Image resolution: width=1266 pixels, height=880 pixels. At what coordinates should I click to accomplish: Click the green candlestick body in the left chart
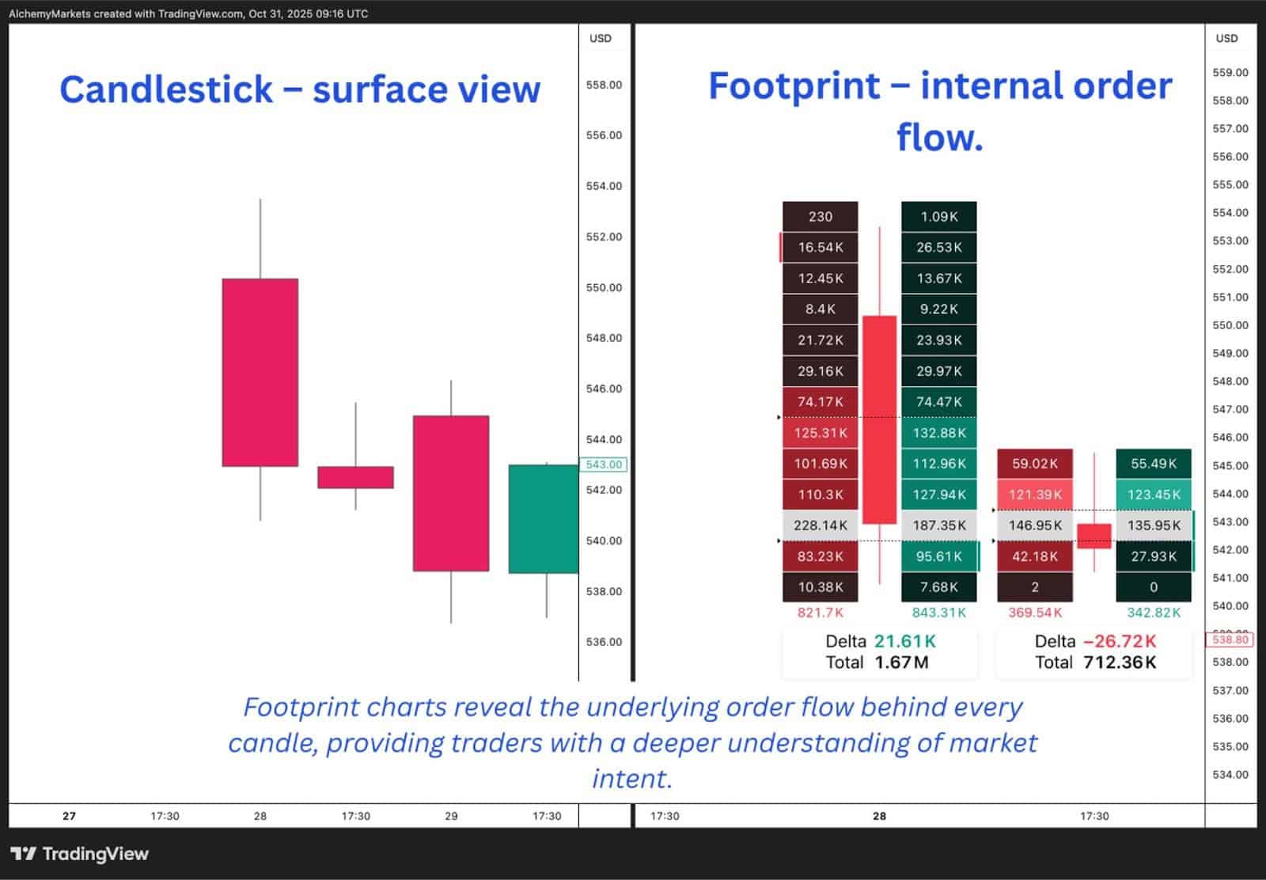pos(543,518)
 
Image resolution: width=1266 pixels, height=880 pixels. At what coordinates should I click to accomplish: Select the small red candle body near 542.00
pos(355,477)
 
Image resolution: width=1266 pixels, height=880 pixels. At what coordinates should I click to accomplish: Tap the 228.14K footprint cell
pos(820,525)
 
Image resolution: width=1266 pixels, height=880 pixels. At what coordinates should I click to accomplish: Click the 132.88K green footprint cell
pos(938,433)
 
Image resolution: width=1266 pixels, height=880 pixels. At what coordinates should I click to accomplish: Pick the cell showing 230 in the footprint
pos(820,216)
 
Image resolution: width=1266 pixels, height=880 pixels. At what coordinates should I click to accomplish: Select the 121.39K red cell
pos(1034,495)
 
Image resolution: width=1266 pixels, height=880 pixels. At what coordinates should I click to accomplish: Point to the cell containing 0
pos(1153,587)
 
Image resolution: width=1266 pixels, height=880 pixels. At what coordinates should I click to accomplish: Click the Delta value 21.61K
pos(904,641)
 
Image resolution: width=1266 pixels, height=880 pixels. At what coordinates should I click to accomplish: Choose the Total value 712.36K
pos(1119,662)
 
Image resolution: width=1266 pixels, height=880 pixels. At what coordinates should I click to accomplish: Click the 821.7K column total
pos(820,613)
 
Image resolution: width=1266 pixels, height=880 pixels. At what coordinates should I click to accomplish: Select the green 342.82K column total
pos(1153,613)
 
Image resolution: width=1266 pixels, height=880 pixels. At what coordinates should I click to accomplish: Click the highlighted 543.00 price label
pos(604,465)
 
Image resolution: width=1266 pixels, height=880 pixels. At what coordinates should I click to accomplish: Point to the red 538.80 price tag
pos(1230,639)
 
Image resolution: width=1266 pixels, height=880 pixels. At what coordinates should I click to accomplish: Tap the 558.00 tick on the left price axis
pos(604,85)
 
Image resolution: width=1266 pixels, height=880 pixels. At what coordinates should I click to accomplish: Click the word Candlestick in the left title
pos(166,89)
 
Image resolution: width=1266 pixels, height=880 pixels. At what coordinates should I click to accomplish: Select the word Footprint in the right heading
pos(794,85)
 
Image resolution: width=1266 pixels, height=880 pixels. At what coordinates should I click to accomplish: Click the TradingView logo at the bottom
pos(80,853)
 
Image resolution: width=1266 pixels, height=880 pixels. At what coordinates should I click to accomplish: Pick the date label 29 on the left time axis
pos(451,816)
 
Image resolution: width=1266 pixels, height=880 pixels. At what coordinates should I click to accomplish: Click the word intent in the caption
pos(631,779)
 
